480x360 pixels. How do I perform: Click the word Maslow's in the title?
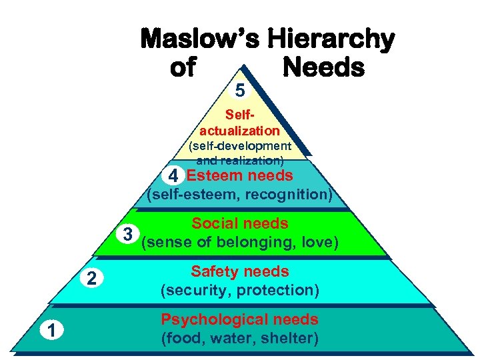click(200, 40)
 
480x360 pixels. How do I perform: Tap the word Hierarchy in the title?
click(331, 40)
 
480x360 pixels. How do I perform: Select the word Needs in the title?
click(323, 67)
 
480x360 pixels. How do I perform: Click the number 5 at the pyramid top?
click(240, 89)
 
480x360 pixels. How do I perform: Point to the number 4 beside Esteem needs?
click(173, 177)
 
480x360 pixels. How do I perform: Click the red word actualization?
click(239, 131)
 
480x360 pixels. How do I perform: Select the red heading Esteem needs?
click(239, 176)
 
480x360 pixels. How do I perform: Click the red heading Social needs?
click(240, 224)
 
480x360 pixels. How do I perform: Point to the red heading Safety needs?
click(240, 272)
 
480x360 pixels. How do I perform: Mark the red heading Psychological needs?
click(240, 320)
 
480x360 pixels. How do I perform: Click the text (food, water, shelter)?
click(240, 338)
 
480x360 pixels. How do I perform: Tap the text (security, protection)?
click(240, 290)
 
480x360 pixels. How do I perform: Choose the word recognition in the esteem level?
click(289, 195)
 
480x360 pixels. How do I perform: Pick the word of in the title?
click(183, 67)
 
